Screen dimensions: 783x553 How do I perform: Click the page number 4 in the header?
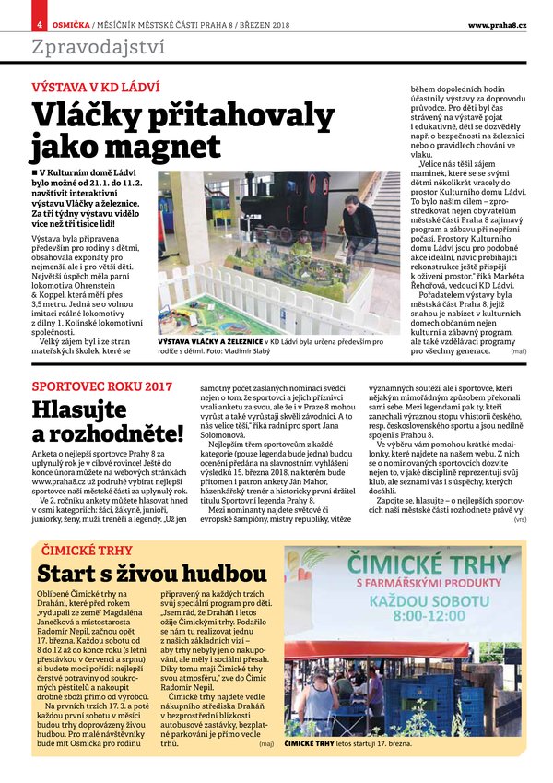(40, 23)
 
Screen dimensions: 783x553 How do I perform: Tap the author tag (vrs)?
(520, 520)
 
